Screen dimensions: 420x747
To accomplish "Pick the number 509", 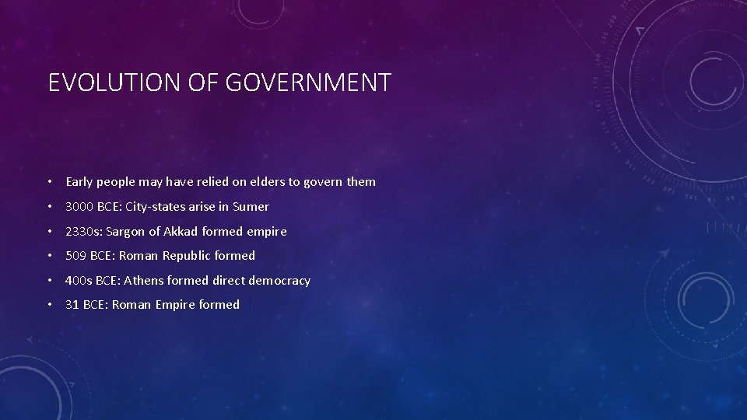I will click(x=76, y=256).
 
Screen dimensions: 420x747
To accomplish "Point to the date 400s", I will click(x=79, y=281).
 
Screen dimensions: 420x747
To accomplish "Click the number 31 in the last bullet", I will click(x=72, y=305).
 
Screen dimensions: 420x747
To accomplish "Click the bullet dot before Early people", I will click(x=49, y=182).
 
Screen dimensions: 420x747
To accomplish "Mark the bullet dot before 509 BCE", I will click(x=49, y=256).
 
